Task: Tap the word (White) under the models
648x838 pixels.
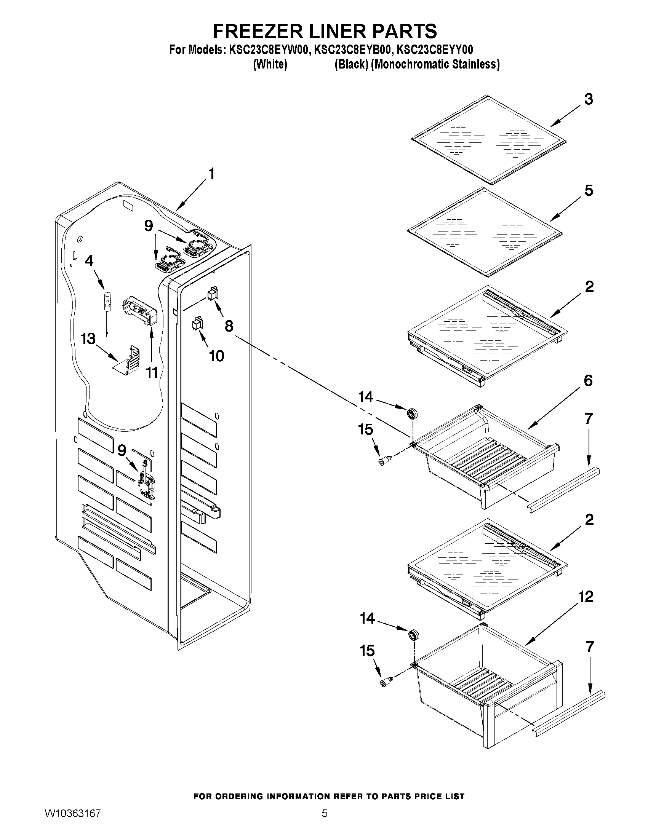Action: pyautogui.click(x=270, y=64)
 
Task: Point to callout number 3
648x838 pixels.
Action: pyautogui.click(x=589, y=99)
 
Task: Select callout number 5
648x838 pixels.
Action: pyautogui.click(x=589, y=191)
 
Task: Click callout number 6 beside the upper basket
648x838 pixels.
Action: pyautogui.click(x=588, y=381)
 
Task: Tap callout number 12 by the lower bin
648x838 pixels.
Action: pyautogui.click(x=586, y=597)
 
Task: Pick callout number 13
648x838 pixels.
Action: pyautogui.click(x=88, y=339)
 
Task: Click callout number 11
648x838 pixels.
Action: pyautogui.click(x=152, y=372)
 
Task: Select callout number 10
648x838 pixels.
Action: pyautogui.click(x=216, y=356)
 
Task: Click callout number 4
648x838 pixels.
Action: pyautogui.click(x=89, y=261)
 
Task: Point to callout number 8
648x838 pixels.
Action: pyautogui.click(x=229, y=326)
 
